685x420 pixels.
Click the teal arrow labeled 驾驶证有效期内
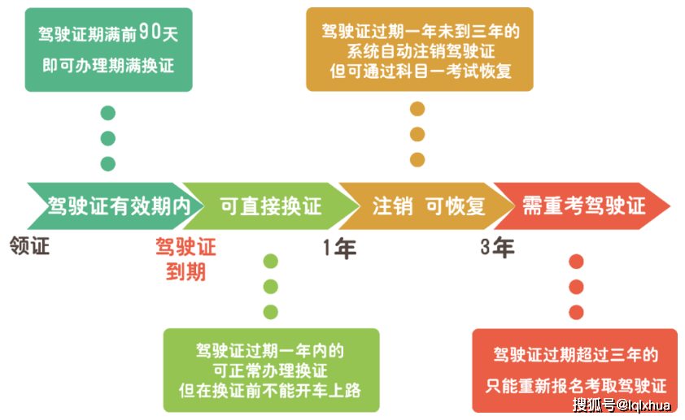[116, 206]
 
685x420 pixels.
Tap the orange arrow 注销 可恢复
[427, 206]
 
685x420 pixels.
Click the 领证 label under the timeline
[30, 246]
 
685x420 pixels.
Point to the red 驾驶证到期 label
[185, 259]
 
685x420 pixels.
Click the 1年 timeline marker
[339, 249]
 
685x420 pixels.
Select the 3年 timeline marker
[497, 248]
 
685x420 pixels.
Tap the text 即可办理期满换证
[108, 66]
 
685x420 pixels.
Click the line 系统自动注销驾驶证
[421, 51]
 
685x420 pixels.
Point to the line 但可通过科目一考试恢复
[421, 71]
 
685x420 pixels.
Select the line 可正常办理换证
[270, 370]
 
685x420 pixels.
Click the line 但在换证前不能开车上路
[270, 390]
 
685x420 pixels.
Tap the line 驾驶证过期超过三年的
[576, 354]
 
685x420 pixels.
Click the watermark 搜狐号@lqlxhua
[622, 405]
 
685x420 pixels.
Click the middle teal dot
[108, 139]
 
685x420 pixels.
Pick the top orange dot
[417, 109]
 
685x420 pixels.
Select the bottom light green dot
[271, 312]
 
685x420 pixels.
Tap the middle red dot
[576, 287]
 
